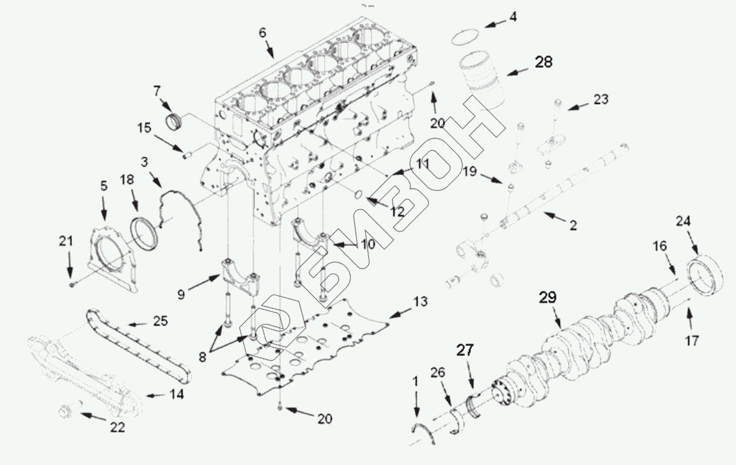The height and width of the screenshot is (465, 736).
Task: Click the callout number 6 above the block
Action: coord(263,33)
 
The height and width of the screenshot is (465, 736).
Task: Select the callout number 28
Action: coord(544,63)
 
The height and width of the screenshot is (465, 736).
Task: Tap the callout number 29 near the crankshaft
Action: coord(548,298)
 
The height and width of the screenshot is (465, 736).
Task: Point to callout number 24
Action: coord(684,222)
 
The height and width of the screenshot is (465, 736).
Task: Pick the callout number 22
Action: coord(116,427)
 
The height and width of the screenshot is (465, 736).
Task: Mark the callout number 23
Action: coord(601,100)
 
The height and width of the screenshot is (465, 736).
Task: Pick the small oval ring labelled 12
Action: coord(359,194)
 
